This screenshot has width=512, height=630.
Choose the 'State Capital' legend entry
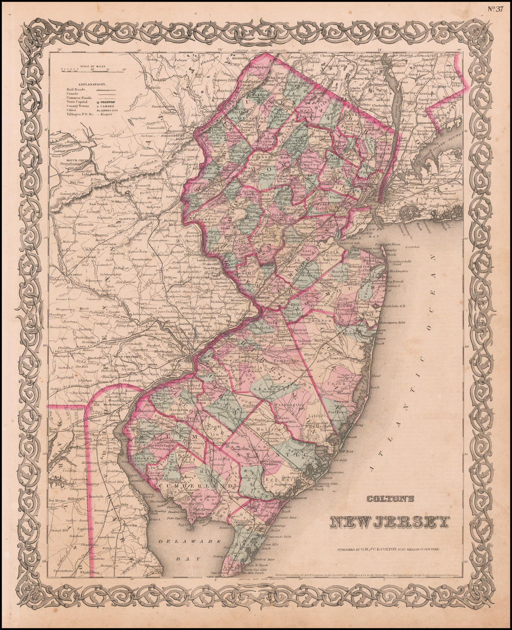(x=77, y=102)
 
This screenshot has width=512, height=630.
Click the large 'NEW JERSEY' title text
(x=389, y=522)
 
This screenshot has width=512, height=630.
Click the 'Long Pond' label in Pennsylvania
(x=138, y=119)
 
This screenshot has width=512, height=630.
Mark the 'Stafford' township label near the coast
(x=338, y=412)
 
